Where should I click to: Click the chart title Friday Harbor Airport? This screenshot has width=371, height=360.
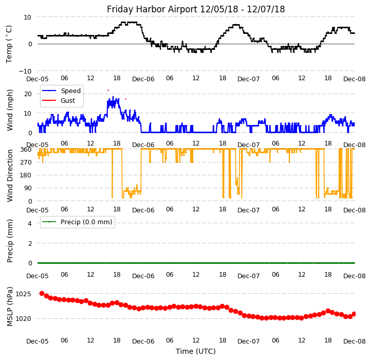click(x=196, y=9)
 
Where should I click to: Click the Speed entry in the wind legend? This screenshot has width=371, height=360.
click(x=70, y=91)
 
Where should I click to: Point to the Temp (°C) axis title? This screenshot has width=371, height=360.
click(x=9, y=44)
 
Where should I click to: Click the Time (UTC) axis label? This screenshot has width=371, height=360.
click(x=196, y=351)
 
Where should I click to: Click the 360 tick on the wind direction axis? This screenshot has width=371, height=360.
click(x=26, y=149)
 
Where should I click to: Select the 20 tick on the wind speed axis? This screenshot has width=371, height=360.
click(x=28, y=94)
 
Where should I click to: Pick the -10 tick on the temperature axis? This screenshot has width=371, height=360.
click(x=25, y=71)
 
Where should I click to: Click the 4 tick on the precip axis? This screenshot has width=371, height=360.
click(x=30, y=223)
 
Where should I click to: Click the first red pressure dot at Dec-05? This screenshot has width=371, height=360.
click(x=42, y=293)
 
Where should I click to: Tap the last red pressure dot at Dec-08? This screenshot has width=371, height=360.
click(x=354, y=314)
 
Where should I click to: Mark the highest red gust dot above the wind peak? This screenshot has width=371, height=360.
click(x=108, y=90)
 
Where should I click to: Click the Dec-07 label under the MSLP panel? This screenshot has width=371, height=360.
click(x=249, y=340)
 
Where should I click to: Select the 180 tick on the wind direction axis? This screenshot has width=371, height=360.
click(x=26, y=175)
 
